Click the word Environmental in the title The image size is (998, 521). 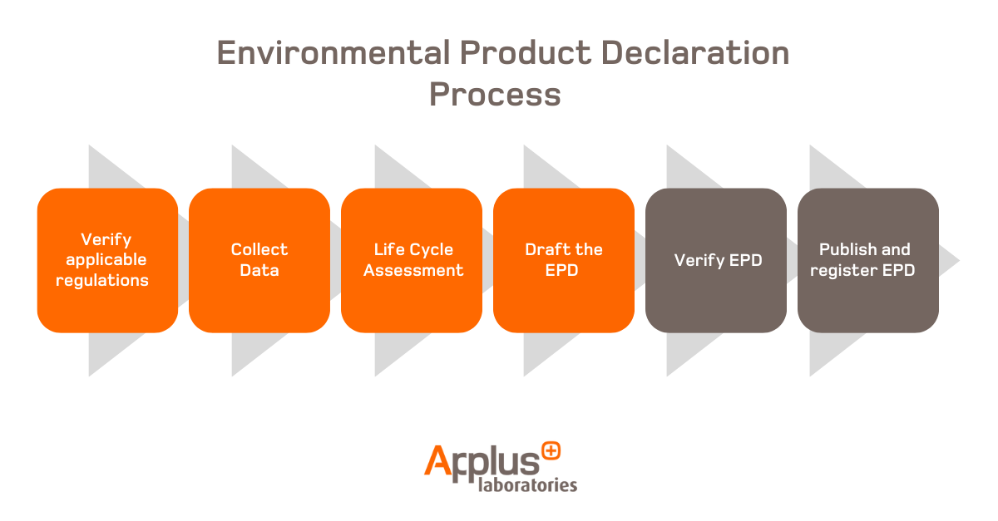(x=333, y=53)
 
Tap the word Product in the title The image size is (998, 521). (x=526, y=53)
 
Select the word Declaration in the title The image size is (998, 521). (x=695, y=53)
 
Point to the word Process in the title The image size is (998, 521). (x=495, y=95)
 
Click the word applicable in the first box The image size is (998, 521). (x=106, y=260)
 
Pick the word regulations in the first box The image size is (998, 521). (x=102, y=281)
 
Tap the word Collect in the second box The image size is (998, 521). (x=259, y=249)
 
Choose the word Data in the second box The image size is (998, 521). (x=259, y=270)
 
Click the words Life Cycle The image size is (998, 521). (x=413, y=250)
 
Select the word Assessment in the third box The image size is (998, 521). (x=413, y=270)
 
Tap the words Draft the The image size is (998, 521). (x=564, y=249)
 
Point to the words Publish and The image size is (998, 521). (x=865, y=249)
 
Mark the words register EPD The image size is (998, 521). (x=862, y=271)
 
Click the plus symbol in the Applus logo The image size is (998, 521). (x=551, y=451)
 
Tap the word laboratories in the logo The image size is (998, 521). (x=527, y=484)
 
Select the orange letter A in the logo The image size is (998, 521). (x=438, y=460)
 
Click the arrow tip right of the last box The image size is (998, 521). (x=959, y=261)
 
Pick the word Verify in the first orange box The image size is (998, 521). (x=106, y=240)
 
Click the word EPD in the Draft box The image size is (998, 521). (x=562, y=270)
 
